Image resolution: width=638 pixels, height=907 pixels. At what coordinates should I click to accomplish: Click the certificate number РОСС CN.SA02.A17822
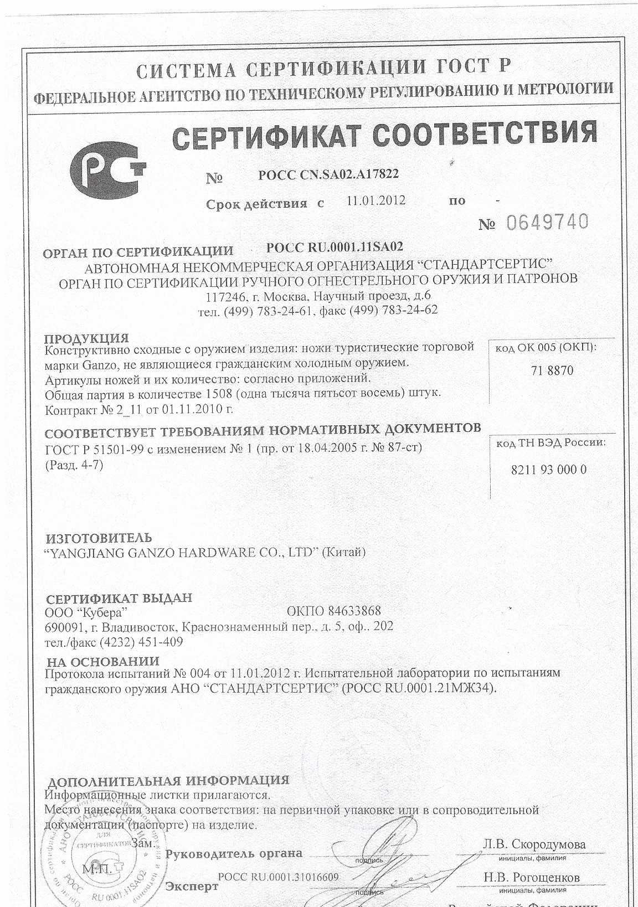[x=328, y=175]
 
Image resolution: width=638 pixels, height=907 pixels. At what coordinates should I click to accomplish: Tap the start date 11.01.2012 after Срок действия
[x=375, y=200]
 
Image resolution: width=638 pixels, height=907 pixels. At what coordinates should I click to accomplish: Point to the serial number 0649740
[x=547, y=223]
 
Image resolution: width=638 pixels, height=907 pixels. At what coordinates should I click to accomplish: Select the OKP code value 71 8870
[x=552, y=371]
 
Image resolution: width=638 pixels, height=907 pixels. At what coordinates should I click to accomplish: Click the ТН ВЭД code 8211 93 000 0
[x=548, y=470]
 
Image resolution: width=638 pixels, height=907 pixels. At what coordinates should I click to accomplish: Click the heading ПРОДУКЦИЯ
[x=86, y=338]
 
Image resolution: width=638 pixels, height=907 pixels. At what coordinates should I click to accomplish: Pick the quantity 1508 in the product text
[x=218, y=394]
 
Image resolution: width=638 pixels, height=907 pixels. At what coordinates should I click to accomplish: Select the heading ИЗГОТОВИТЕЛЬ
[x=99, y=538]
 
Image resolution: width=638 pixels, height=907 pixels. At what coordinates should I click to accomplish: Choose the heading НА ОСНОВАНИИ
[x=103, y=661]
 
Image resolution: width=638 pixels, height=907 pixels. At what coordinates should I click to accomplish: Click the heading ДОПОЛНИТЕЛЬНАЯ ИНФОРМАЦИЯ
[x=168, y=781]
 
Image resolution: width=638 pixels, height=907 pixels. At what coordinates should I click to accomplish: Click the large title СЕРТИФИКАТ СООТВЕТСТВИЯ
[x=385, y=135]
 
